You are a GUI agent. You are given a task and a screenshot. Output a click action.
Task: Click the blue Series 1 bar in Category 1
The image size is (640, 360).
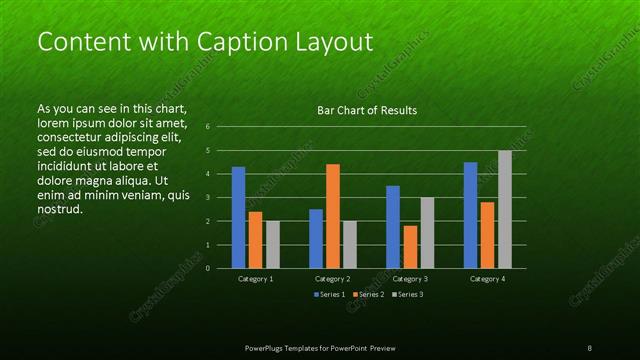238,217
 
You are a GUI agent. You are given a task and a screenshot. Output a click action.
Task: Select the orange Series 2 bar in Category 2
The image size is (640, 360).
333,216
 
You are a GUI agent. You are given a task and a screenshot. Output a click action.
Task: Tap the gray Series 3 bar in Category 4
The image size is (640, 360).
505,209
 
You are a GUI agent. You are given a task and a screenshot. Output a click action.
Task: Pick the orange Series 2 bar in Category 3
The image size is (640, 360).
410,247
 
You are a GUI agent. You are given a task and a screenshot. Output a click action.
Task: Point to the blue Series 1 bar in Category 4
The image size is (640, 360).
470,215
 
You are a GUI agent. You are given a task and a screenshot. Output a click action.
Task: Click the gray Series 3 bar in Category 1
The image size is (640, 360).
273,244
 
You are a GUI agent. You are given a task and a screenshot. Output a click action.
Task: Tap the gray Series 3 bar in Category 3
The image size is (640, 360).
427,232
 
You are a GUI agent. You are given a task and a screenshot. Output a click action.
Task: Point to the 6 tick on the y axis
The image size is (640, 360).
207,127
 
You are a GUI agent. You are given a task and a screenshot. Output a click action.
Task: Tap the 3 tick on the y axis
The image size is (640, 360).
207,197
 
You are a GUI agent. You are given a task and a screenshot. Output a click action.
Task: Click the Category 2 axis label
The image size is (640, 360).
332,279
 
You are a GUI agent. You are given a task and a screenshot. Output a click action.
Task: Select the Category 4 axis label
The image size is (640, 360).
487,279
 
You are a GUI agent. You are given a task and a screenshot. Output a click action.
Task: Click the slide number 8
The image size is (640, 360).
589,347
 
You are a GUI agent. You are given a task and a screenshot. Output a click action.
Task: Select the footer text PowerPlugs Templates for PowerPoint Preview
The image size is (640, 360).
319,347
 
